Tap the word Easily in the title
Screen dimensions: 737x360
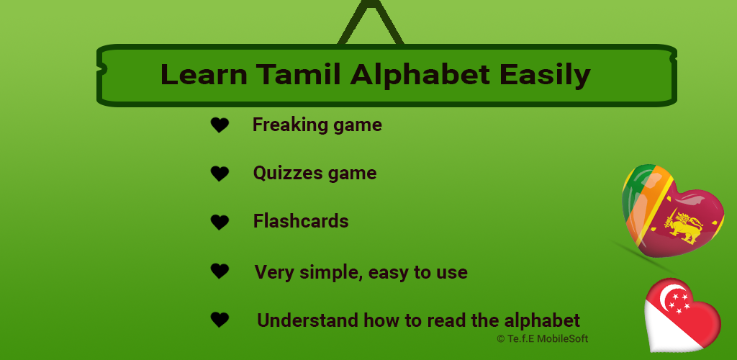point(545,76)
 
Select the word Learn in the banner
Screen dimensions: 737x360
point(204,74)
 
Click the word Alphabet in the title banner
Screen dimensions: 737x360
point(420,74)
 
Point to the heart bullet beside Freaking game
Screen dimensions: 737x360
point(220,125)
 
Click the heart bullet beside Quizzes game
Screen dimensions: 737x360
point(220,174)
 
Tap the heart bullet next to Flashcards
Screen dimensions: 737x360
point(220,222)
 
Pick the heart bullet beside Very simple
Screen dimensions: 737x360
point(220,271)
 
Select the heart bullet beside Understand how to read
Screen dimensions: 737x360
point(220,320)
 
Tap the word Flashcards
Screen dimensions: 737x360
point(301,221)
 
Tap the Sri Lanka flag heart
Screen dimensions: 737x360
point(672,210)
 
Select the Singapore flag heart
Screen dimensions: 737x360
point(682,315)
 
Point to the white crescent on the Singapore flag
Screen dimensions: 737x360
point(666,294)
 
